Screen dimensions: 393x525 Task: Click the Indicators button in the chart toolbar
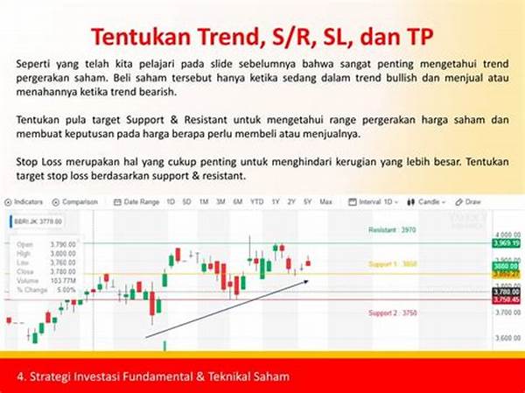click(27, 201)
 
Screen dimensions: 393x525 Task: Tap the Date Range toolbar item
click(140, 201)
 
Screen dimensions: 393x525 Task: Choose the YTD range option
click(256, 201)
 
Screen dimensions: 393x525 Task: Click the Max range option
click(326, 201)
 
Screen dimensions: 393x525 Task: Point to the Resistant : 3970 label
click(391, 228)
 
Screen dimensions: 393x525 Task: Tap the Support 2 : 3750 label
click(391, 312)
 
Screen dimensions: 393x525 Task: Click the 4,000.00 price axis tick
click(503, 235)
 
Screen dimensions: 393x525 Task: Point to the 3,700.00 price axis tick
click(503, 311)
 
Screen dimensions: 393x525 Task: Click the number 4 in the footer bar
click(20, 376)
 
